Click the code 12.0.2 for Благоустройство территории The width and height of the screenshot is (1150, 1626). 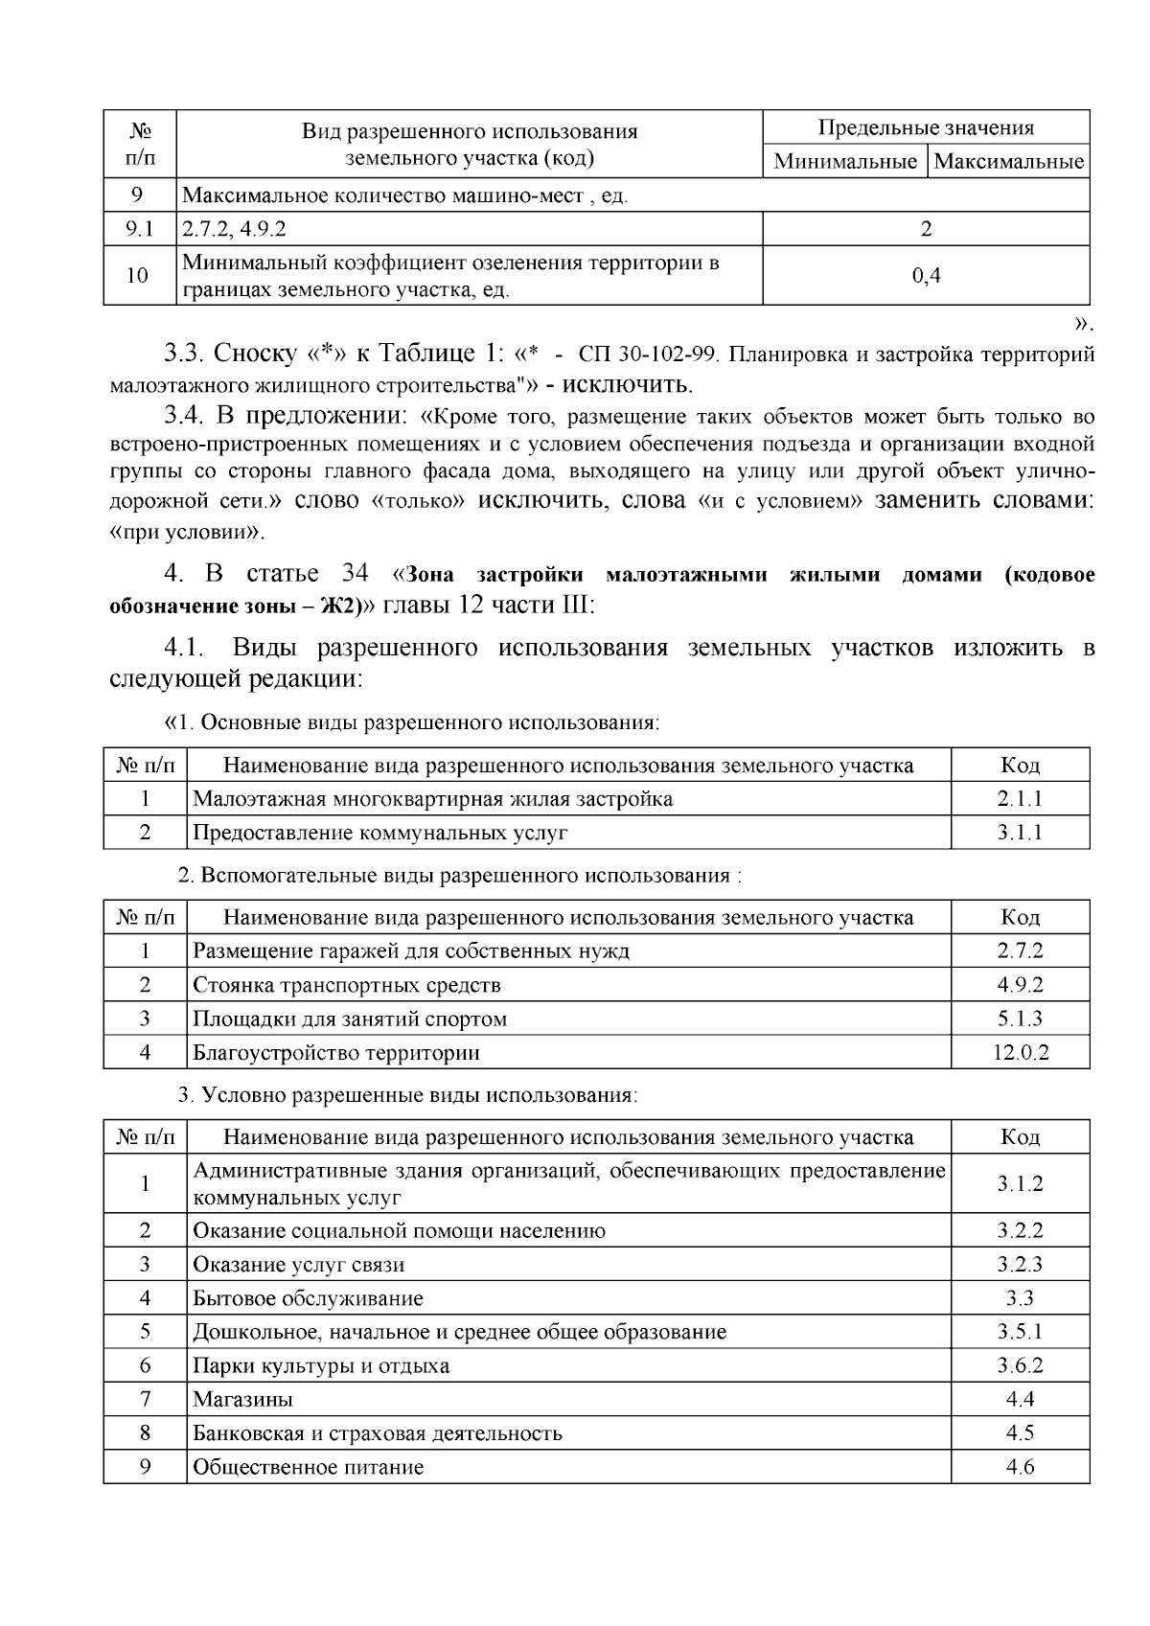pos(1020,1053)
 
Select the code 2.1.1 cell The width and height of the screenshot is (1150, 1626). pos(1020,799)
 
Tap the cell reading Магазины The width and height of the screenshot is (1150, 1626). pos(242,1400)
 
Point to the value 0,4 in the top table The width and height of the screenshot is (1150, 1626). pos(926,276)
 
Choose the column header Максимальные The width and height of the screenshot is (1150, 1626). pos(1009,162)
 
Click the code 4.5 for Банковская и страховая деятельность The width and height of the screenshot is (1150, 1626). pos(1020,1433)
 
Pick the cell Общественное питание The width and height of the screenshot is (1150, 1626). pos(308,1467)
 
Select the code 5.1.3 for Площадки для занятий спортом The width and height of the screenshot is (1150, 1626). pos(1020,1019)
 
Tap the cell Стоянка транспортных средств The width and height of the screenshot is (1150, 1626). pos(346,986)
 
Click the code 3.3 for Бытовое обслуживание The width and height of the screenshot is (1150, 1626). pos(1020,1299)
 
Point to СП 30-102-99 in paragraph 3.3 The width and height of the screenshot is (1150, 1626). pos(649,355)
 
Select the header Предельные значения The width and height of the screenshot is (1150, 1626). pos(926,128)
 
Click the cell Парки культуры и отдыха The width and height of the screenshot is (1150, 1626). pos(321,1366)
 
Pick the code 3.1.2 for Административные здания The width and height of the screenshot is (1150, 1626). pos(1020,1184)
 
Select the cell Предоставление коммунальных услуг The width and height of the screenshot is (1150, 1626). pos(379,833)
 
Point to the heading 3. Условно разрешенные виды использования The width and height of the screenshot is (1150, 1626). pos(407,1095)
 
